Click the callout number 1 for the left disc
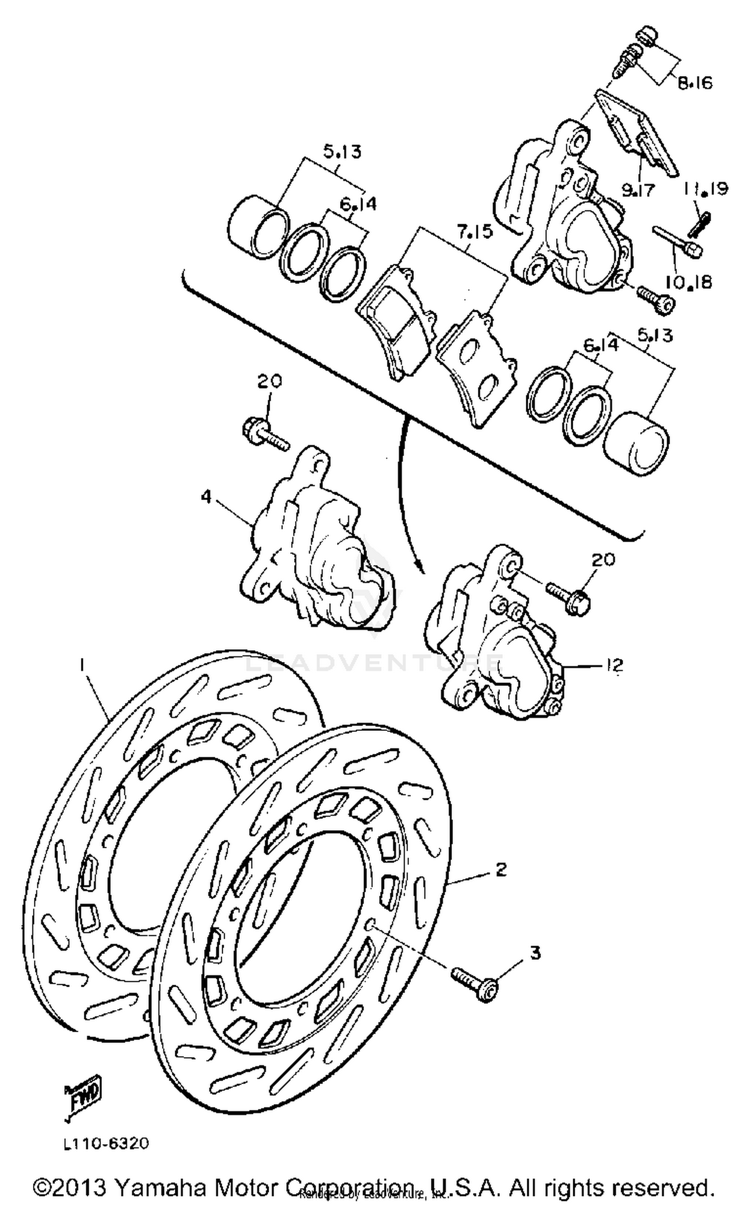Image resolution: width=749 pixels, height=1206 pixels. coord(82,664)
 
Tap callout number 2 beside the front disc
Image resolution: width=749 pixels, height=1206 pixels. coord(501,870)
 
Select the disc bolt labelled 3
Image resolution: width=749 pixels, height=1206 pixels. coord(474,982)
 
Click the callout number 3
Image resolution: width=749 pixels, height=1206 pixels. coord(535,953)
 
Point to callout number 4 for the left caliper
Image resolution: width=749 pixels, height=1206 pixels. coord(206,496)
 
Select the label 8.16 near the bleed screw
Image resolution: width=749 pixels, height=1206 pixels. coord(695,82)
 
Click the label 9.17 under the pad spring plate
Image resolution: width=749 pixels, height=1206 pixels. coord(638,190)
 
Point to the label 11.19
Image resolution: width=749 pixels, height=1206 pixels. coord(706,189)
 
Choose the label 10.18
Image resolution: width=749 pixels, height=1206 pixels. coord(688,282)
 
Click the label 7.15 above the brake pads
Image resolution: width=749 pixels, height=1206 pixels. coord(473,232)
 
